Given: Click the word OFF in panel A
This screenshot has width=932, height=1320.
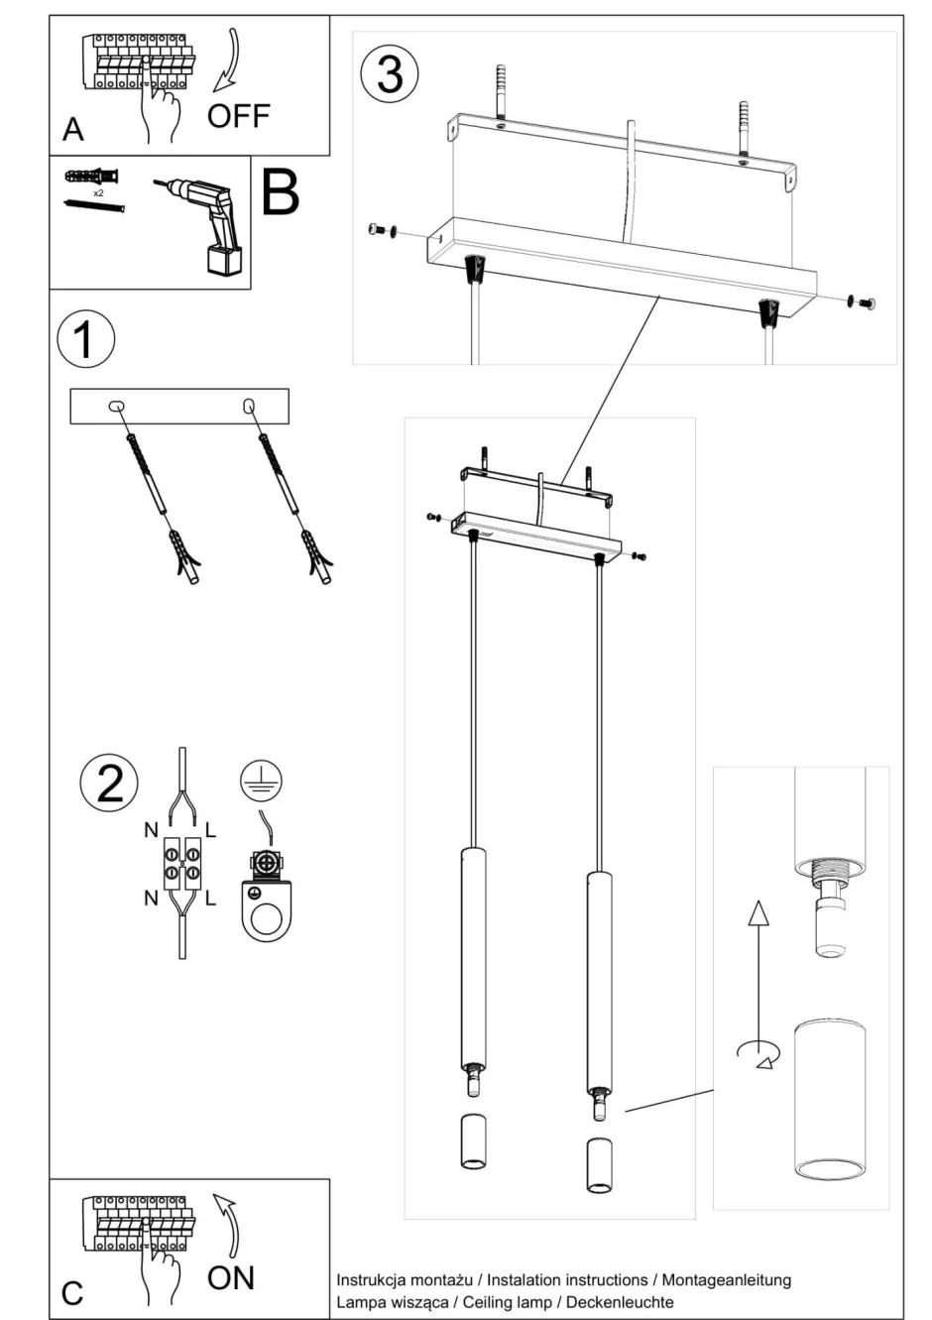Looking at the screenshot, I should pyautogui.click(x=238, y=116).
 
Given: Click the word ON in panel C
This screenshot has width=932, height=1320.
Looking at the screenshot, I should pyautogui.click(x=230, y=1277).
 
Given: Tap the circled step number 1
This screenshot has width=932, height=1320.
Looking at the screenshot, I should pyautogui.click(x=85, y=339).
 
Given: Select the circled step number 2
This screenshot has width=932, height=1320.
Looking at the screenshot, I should pyautogui.click(x=109, y=780).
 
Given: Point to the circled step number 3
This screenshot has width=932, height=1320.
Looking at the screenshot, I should pyautogui.click(x=390, y=73).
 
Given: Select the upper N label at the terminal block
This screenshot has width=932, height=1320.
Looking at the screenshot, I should pyautogui.click(x=151, y=829).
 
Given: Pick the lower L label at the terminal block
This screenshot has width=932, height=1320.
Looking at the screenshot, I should pyautogui.click(x=210, y=899).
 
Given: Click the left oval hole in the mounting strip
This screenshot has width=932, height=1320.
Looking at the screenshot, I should pyautogui.click(x=116, y=406).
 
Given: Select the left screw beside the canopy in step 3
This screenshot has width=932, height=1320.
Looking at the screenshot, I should pyautogui.click(x=376, y=230).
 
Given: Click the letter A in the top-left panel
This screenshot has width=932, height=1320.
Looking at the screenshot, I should pyautogui.click(x=73, y=130).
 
